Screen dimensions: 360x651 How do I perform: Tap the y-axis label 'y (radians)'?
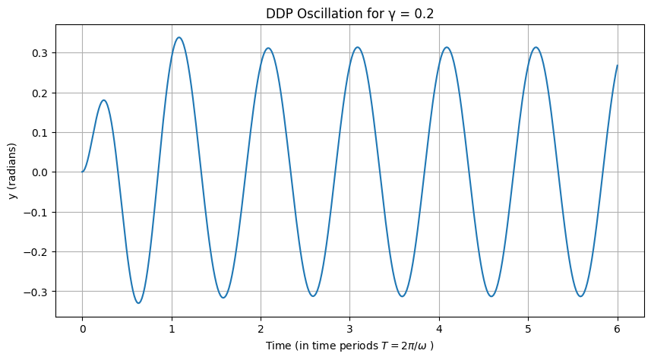pos(14,172)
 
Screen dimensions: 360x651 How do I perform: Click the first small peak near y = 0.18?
pos(103,100)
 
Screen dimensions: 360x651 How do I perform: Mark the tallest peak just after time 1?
pos(179,37)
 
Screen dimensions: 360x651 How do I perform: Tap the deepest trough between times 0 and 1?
pos(138,303)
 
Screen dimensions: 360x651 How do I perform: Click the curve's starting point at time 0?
pos(83,172)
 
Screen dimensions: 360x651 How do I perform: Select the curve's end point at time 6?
pos(618,65)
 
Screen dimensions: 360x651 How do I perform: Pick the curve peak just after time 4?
pos(447,47)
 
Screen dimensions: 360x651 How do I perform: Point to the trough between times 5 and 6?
pos(580,296)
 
